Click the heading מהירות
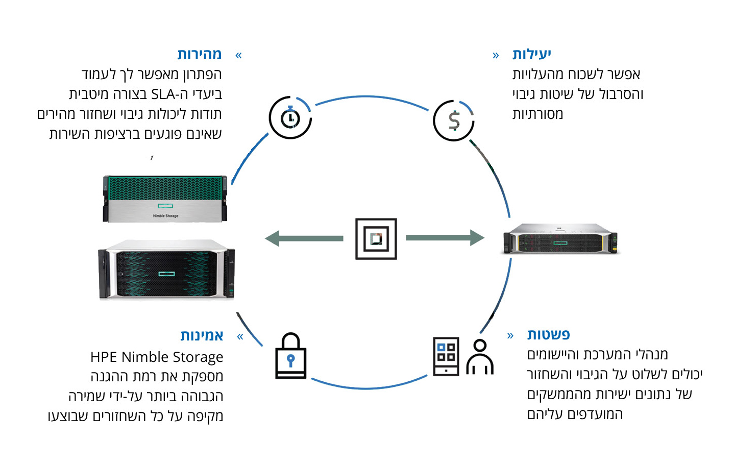coord(199,54)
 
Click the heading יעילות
coord(531,54)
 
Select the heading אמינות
coord(202,335)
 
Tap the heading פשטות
coord(548,335)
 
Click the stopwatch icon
coord(290,118)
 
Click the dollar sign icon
coord(454,121)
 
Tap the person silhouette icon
coord(480,357)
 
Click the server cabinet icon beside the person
coord(446,356)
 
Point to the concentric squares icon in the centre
coord(376,239)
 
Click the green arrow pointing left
coord(304,238)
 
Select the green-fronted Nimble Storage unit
coord(165,199)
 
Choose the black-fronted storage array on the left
coord(166,270)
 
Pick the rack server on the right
coord(560,239)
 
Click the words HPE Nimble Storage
coord(157,357)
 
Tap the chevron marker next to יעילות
coord(496,55)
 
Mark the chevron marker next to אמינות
coord(240,336)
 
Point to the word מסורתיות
coord(537,114)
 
